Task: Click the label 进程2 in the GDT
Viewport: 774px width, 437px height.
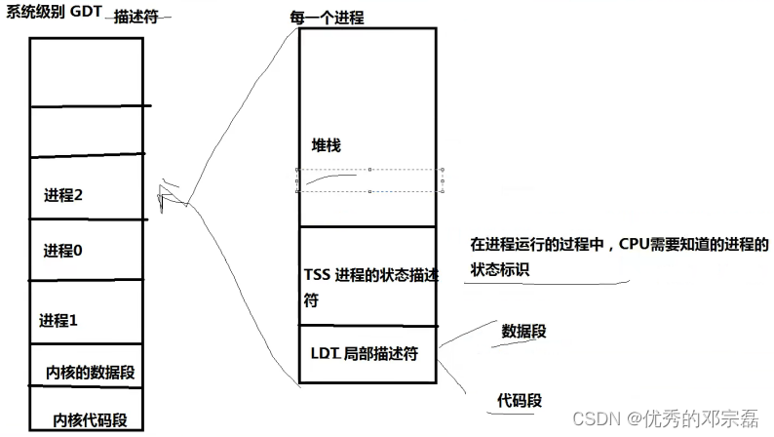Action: (63, 195)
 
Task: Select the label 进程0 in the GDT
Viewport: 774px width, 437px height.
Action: (63, 251)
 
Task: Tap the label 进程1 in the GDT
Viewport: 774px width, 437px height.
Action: (58, 320)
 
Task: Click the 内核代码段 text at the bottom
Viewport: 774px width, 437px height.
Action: (91, 420)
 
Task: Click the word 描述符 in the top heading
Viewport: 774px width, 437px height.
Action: (137, 18)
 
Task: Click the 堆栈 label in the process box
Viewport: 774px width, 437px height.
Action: (326, 144)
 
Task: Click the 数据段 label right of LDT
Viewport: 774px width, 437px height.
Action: (523, 331)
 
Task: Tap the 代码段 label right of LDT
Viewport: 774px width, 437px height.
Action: (520, 400)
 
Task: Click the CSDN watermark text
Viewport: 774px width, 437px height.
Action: (598, 417)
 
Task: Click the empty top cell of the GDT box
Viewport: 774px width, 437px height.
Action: (87, 71)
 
